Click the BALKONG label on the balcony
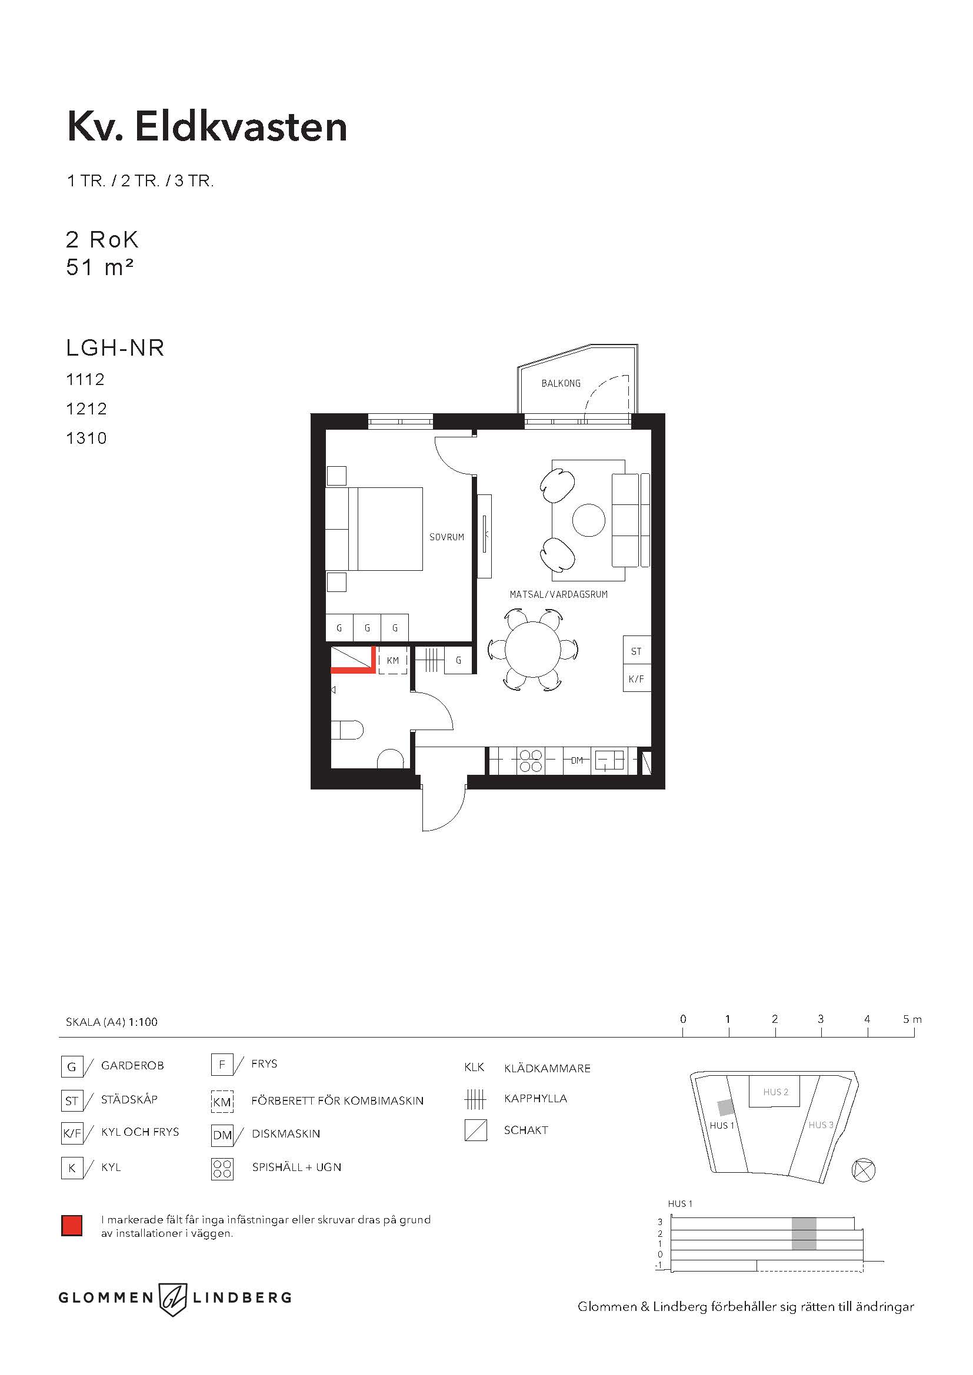pyautogui.click(x=561, y=383)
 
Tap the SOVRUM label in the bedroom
pyautogui.click(x=446, y=537)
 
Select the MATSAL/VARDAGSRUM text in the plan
pyautogui.click(x=558, y=595)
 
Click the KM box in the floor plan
pyautogui.click(x=392, y=661)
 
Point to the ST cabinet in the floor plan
pyautogui.click(x=637, y=651)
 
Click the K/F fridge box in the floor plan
pyautogui.click(x=637, y=679)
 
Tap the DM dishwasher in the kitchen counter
pyautogui.click(x=577, y=761)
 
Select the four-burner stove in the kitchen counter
pyautogui.click(x=530, y=761)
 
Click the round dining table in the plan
pyautogui.click(x=532, y=649)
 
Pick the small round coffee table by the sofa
pyautogui.click(x=588, y=520)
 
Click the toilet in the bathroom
pyautogui.click(x=348, y=730)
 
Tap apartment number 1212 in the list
pyautogui.click(x=86, y=409)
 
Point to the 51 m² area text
pyautogui.click(x=99, y=267)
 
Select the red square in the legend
pyautogui.click(x=72, y=1226)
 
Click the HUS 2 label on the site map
pyautogui.click(x=775, y=1092)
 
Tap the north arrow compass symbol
pyautogui.click(x=864, y=1170)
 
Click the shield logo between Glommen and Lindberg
pyautogui.click(x=173, y=1298)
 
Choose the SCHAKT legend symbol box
pyautogui.click(x=476, y=1130)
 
